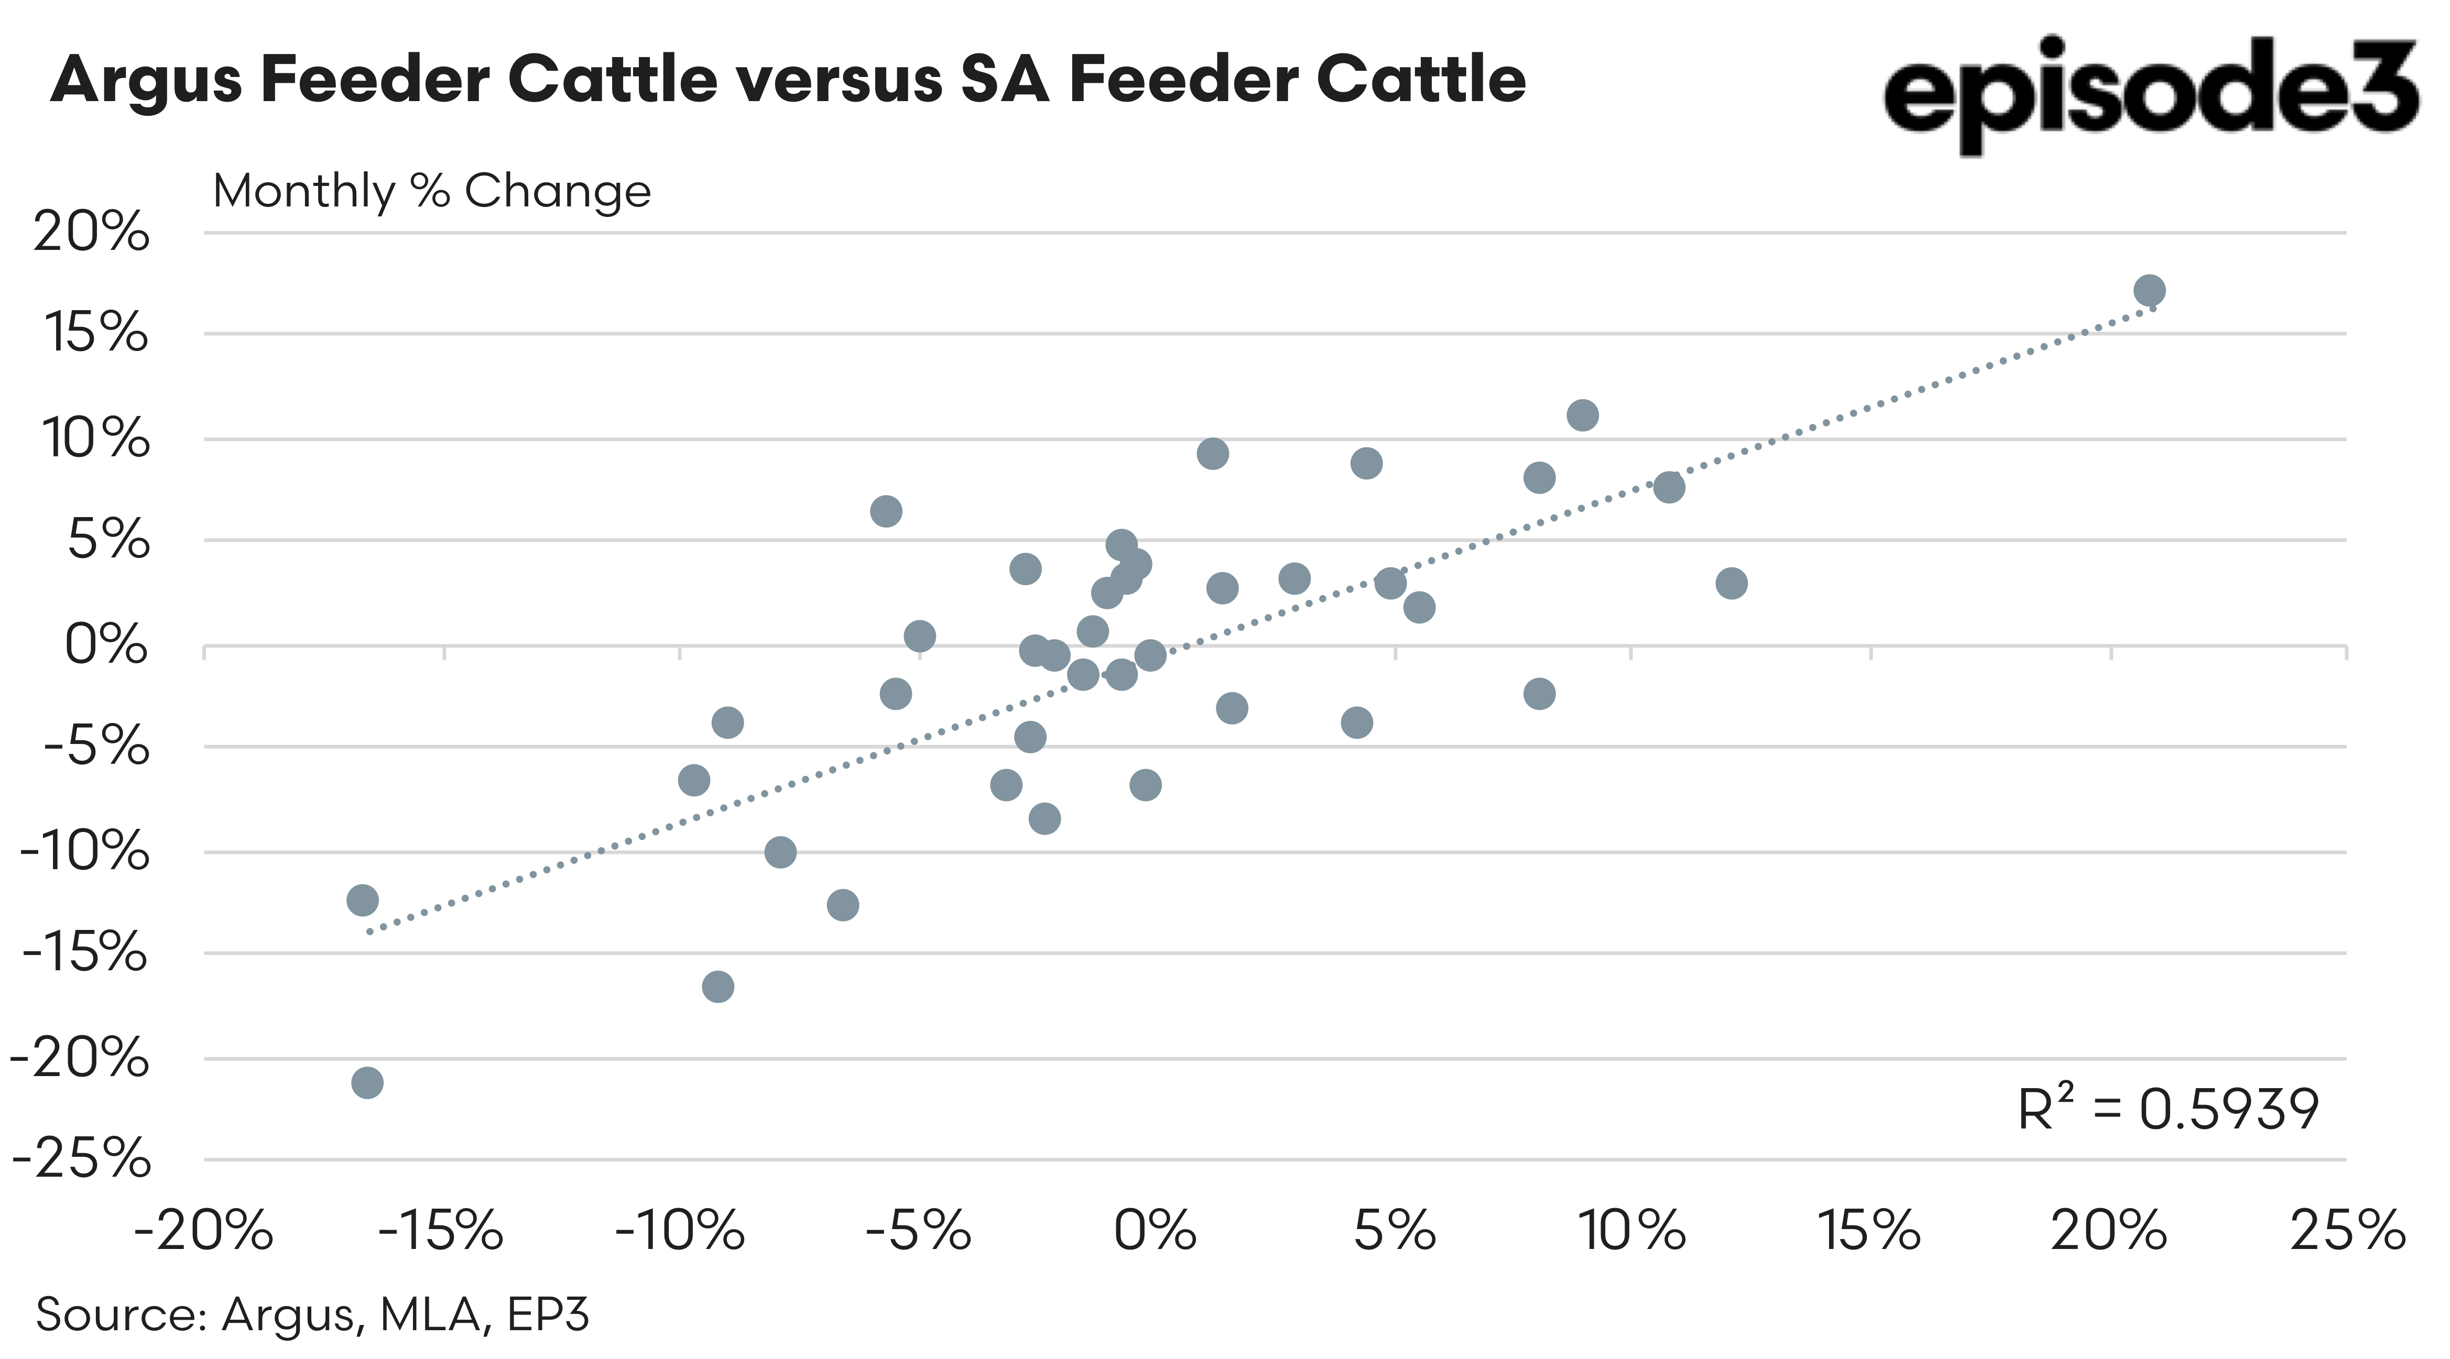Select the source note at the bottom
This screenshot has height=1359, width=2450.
click(x=312, y=1314)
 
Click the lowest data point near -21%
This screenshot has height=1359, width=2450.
click(x=367, y=1082)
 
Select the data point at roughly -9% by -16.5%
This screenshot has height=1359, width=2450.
click(x=718, y=986)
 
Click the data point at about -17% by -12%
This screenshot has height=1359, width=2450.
click(x=362, y=900)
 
